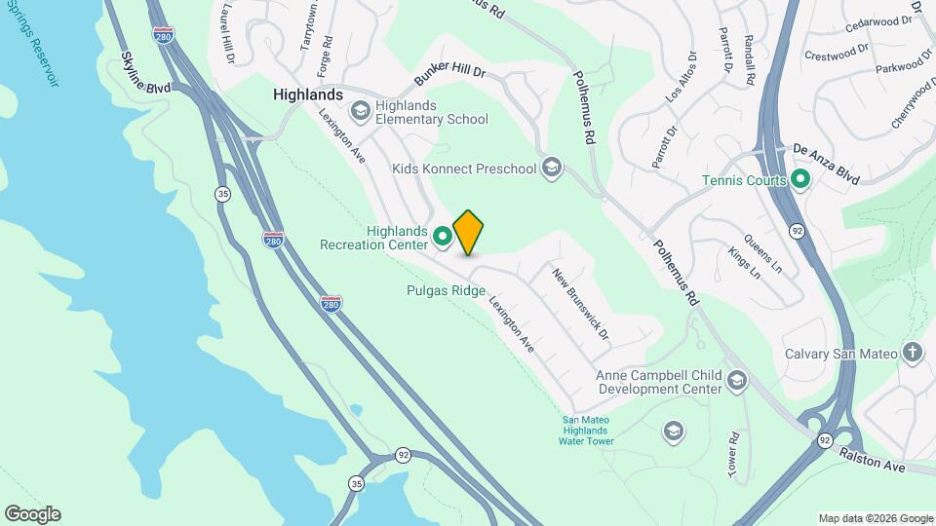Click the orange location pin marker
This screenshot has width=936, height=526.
(x=469, y=232)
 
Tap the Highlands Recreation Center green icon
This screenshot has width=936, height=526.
(x=442, y=235)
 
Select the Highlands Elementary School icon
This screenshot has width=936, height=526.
(x=360, y=112)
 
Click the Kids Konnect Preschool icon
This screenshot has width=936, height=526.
(x=553, y=169)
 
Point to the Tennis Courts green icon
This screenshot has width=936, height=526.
(x=800, y=180)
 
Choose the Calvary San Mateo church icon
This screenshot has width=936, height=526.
(x=913, y=353)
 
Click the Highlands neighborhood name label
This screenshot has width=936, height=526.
(x=308, y=94)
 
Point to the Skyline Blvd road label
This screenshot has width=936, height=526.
(x=146, y=74)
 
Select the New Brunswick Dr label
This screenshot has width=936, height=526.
(x=580, y=304)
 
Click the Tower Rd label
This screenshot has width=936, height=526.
(x=734, y=454)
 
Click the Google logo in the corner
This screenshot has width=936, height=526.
(x=32, y=514)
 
